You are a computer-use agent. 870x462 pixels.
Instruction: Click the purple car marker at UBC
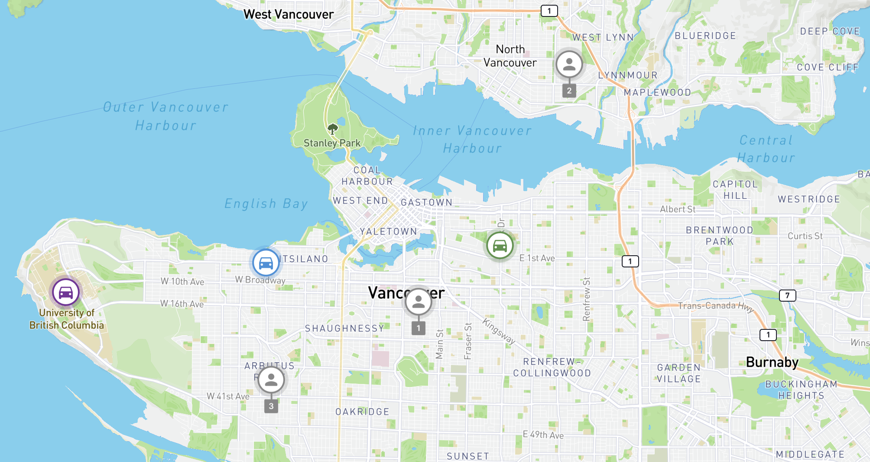pos(66,292)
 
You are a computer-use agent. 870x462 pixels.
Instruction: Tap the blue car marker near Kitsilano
pos(266,262)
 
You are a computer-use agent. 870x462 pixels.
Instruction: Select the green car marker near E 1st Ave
pos(500,245)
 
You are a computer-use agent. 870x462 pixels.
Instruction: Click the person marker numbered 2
pos(569,64)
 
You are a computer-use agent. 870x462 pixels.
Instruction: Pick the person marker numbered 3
pos(271,380)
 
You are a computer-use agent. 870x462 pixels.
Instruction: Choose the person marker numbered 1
pos(418,302)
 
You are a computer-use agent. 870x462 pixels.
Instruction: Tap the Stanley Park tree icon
pos(332,129)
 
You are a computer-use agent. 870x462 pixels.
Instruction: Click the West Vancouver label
pos(289,14)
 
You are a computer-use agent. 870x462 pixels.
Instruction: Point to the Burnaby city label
pos(772,362)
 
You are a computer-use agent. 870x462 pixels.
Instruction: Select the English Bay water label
pos(266,203)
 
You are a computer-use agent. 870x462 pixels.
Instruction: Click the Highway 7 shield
pos(787,296)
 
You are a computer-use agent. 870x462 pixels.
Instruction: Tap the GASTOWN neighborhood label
pos(426,202)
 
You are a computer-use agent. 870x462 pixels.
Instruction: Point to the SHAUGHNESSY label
pos(344,329)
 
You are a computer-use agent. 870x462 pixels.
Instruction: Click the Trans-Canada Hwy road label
pos(715,306)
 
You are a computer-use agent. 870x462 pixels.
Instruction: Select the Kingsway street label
pos(499,332)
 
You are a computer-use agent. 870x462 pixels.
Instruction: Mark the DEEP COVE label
pos(829,31)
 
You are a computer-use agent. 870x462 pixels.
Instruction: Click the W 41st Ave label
pos(228,396)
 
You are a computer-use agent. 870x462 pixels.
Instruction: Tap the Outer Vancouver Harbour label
pos(166,116)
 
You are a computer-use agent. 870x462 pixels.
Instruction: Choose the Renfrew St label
pos(587,299)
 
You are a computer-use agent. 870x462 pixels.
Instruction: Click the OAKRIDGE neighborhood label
pos(362,412)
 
